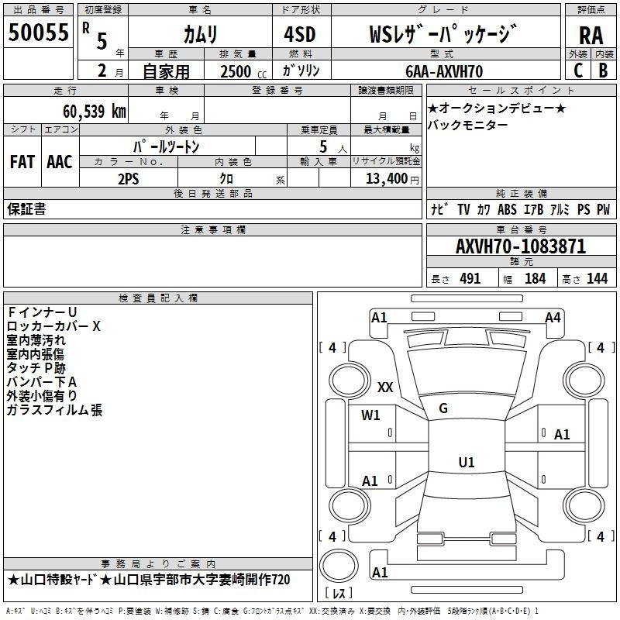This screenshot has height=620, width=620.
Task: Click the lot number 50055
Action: pos(38,33)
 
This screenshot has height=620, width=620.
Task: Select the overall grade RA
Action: pos(591,36)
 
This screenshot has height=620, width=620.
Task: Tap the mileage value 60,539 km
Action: pos(95,112)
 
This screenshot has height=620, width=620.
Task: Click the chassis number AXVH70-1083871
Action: pos(521,246)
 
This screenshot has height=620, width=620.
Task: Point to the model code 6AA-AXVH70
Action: pos(444,71)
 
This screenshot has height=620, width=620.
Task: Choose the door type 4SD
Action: pos(300,34)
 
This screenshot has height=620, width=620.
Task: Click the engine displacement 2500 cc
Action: pos(243,71)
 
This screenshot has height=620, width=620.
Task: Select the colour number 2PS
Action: pos(129,179)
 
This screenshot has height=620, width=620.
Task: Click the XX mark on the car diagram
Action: pos(385,387)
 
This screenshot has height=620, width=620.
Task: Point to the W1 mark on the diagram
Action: pos(370,415)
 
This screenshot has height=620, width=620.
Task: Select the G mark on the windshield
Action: pos(443,408)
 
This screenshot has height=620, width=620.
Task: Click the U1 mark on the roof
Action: pos(467,462)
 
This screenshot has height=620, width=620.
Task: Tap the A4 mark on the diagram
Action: pos(553,318)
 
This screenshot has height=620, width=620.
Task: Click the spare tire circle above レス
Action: pos(339,566)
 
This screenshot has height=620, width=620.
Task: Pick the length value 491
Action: pos(470,278)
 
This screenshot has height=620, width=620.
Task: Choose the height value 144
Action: pos(597,278)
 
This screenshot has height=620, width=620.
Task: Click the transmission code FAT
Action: pos(22,162)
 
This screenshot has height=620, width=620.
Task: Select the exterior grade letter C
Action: pos(578,71)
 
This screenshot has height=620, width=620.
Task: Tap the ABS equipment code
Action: pos(507,209)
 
